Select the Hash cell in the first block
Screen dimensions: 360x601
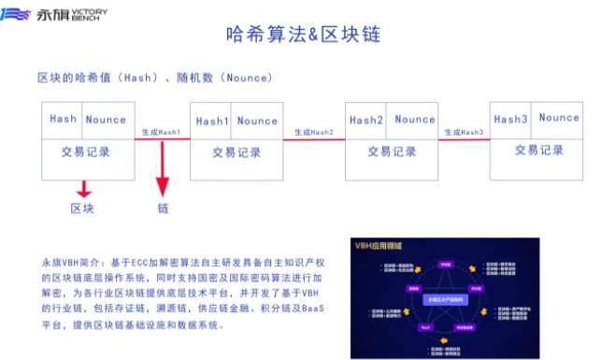pos(64,119)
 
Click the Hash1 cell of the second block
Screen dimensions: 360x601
pos(212,121)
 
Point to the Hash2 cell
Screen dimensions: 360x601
pos(366,120)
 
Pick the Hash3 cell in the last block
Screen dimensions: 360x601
pos(511,119)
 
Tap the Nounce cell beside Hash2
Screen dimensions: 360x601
pos(415,120)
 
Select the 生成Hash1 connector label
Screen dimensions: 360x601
pos(158,133)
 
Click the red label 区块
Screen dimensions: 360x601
pos(82,208)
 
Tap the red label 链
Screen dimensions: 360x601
pos(163,208)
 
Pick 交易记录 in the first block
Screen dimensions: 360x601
pos(87,151)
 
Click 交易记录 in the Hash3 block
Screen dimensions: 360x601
pos(539,150)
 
